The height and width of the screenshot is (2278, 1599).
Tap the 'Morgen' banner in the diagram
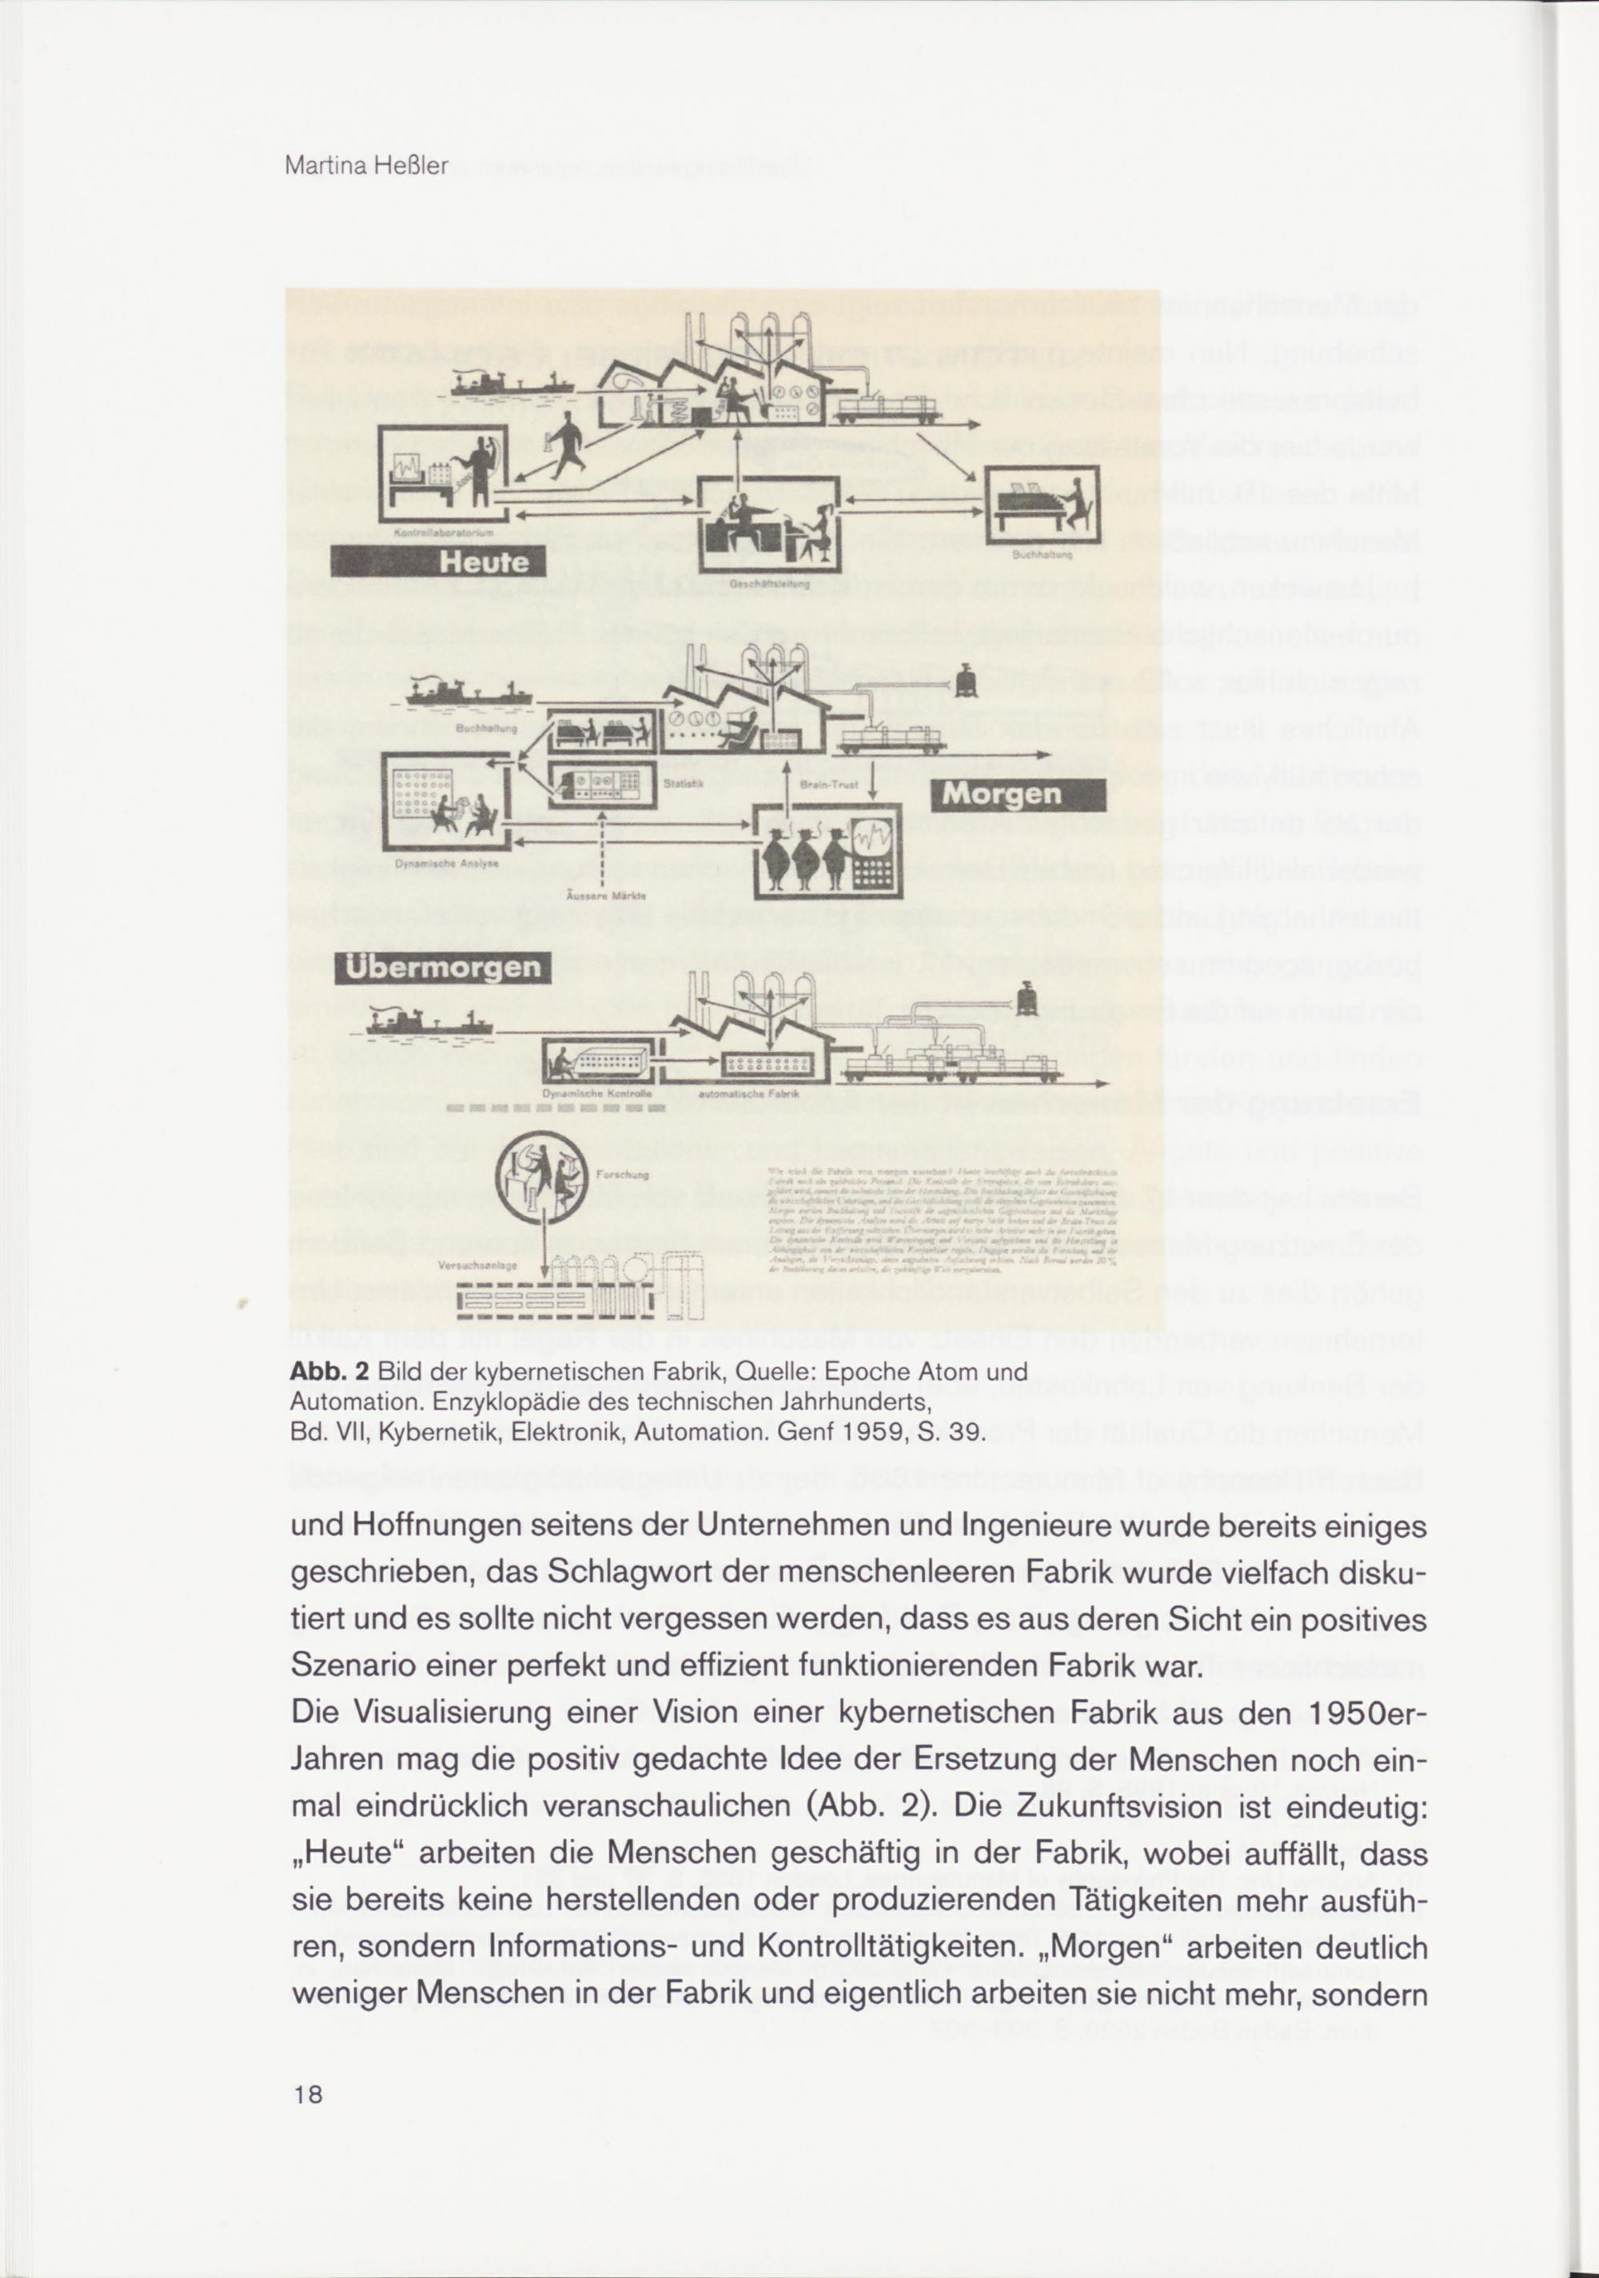1018,795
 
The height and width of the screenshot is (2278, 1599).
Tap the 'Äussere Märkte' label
605,896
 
